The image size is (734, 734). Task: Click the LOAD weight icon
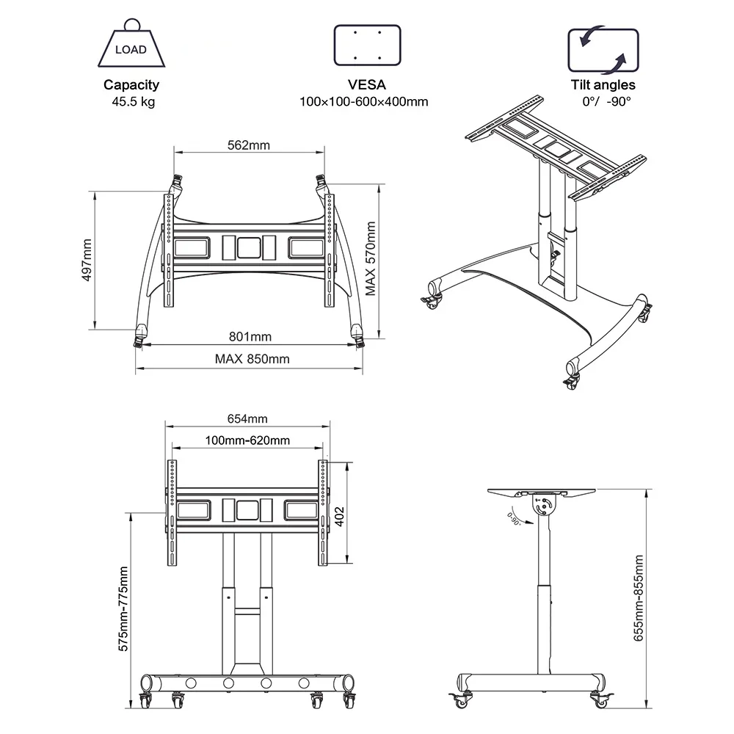pos(131,46)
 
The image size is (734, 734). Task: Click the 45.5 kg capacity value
pos(131,102)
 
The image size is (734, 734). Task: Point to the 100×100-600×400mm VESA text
pos(363,102)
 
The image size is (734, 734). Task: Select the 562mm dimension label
pos(249,145)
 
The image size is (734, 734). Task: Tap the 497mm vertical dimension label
pos(87,260)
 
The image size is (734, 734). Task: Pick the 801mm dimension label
pos(250,337)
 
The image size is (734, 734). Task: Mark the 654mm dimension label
pos(247,418)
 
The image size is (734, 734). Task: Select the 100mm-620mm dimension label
pos(247,440)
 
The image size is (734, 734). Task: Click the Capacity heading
pos(131,85)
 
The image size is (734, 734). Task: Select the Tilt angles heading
pos(603,85)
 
